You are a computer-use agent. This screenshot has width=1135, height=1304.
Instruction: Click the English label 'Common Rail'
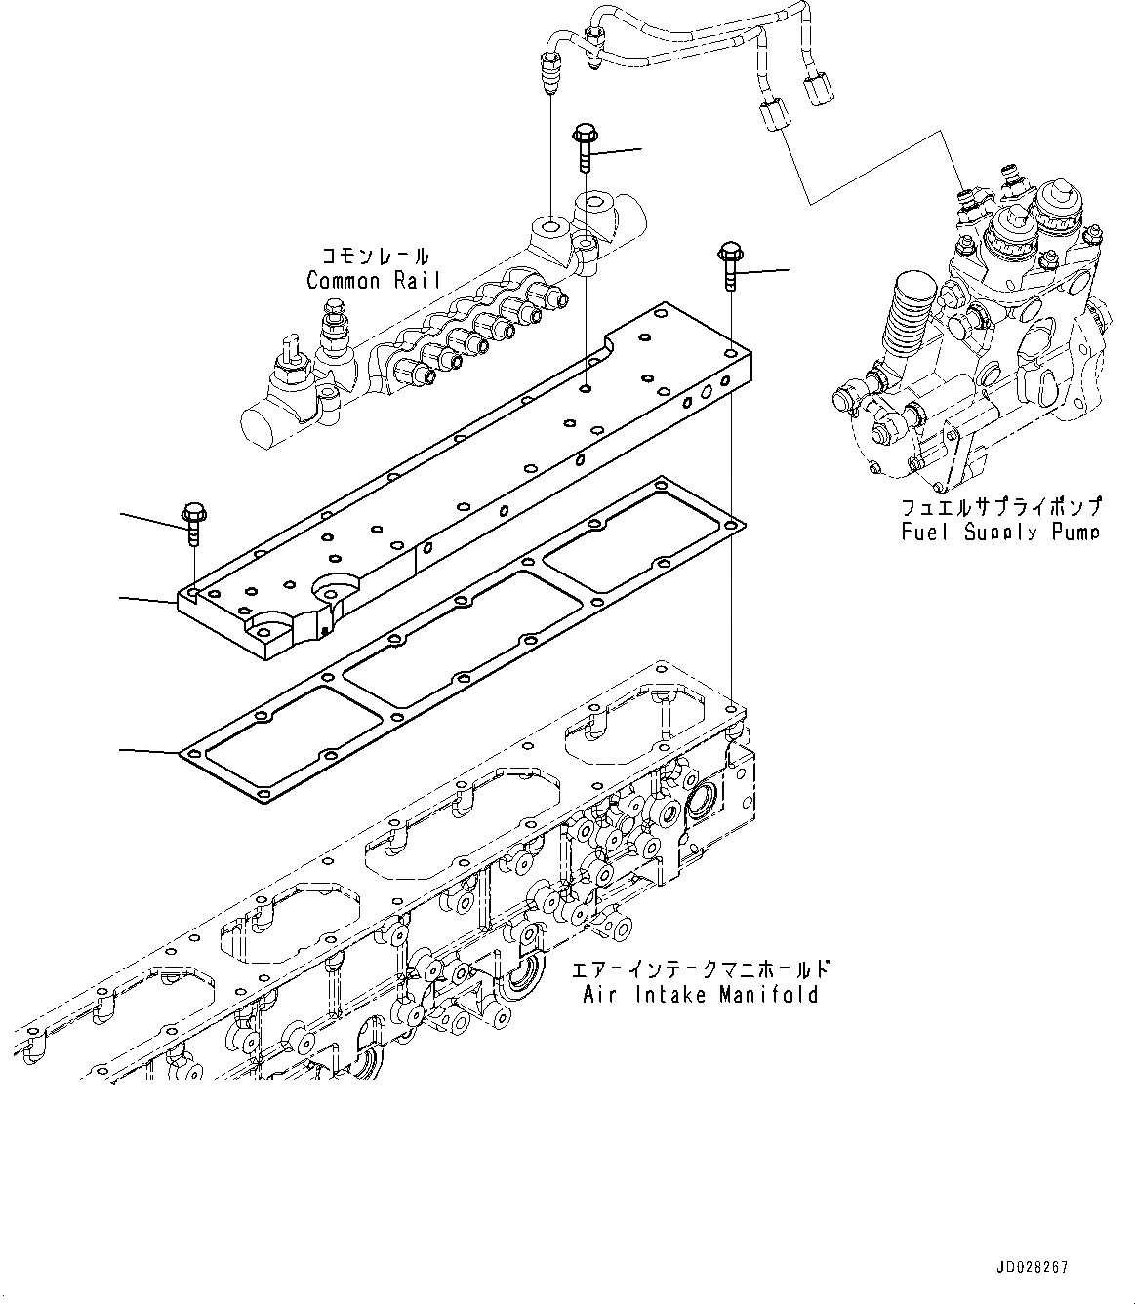point(373,281)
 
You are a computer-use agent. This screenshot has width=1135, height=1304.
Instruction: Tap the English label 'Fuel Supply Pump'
point(1000,532)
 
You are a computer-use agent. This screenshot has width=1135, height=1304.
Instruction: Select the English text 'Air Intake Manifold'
point(701,995)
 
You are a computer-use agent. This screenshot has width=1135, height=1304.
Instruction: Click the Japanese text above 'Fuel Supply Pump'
point(1000,508)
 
